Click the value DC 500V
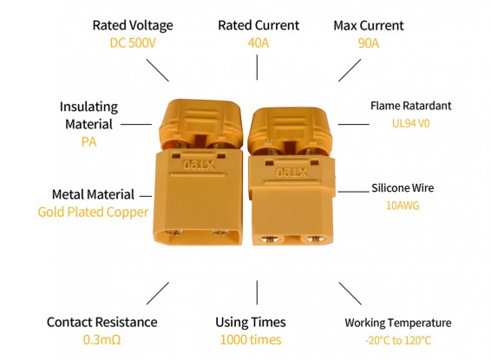tap(133, 43)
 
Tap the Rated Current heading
tap(259, 25)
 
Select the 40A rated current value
tap(259, 43)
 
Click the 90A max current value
tap(368, 43)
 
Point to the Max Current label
tap(369, 26)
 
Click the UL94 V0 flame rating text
tap(411, 123)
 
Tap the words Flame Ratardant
tap(411, 106)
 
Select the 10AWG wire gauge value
tap(403, 206)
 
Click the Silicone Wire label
tap(403, 188)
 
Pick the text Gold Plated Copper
tap(93, 212)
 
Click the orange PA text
tap(89, 141)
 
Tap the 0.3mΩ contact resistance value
tap(101, 340)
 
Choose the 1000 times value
tap(251, 340)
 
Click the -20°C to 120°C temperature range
tap(398, 340)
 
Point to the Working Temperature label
tap(398, 323)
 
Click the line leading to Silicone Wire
tap(354, 191)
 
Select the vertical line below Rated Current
tap(257, 68)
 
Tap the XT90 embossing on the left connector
tap(199, 165)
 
